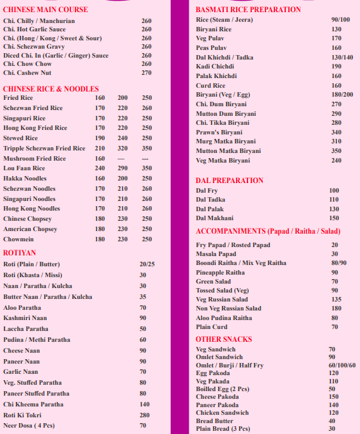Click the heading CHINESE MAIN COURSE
point(45,10)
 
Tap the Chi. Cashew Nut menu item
point(27,72)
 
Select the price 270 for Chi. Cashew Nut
point(146,72)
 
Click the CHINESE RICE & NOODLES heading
point(51,88)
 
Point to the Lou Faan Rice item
point(24,168)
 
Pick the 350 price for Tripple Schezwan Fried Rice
point(146,149)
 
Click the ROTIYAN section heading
point(20,252)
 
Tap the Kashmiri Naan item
point(25,317)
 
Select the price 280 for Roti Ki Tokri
point(144,415)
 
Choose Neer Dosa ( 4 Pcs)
point(29,425)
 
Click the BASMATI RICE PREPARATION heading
point(248,10)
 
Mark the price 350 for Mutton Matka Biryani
point(336,151)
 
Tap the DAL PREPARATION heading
point(230,181)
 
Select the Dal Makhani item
point(215,218)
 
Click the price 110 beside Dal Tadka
point(334,200)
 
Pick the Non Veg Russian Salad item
point(228,309)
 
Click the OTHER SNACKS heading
point(224,339)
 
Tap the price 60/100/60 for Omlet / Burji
point(342,365)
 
